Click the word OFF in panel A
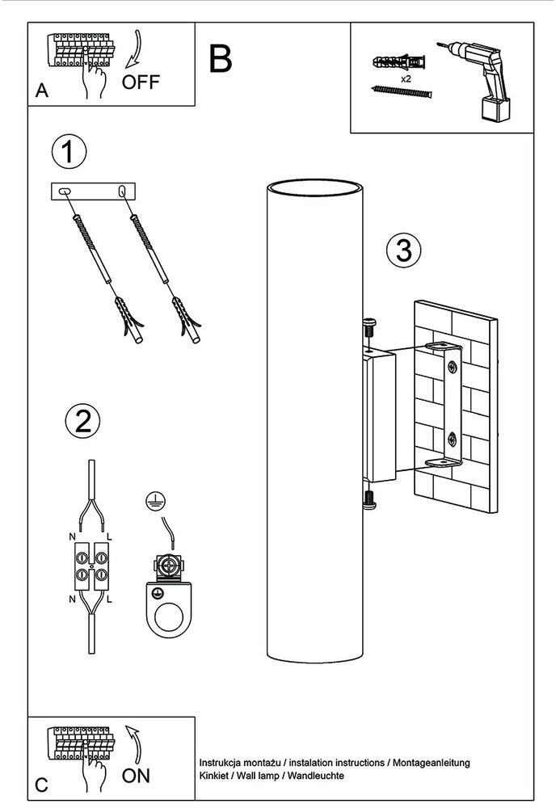[x=141, y=82]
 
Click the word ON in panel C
[x=137, y=776]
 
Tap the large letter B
[x=220, y=58]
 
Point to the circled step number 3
[x=402, y=250]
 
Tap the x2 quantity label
[x=407, y=81]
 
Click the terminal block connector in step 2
[x=91, y=566]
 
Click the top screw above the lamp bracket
[x=370, y=328]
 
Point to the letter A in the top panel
[x=42, y=91]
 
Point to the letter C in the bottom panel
[x=42, y=785]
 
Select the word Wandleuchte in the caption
[x=318, y=775]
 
